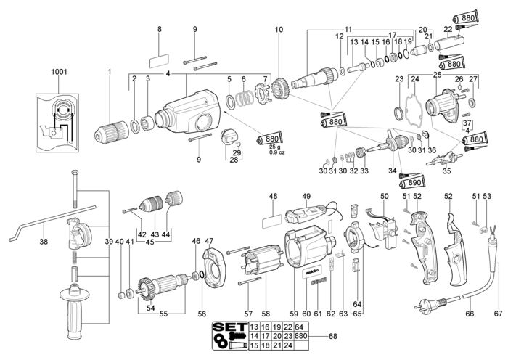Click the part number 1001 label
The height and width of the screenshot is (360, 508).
coord(59,72)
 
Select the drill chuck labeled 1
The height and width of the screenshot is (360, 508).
coord(112,132)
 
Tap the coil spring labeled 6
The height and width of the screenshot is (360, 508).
coord(245,98)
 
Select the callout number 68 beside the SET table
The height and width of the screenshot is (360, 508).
coord(332,336)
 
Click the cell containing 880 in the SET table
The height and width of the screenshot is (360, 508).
coord(301,336)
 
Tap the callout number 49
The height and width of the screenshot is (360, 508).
coord(306,197)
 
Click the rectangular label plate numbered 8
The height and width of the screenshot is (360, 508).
coord(159,60)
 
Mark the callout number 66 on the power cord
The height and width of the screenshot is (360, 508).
coord(470,314)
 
